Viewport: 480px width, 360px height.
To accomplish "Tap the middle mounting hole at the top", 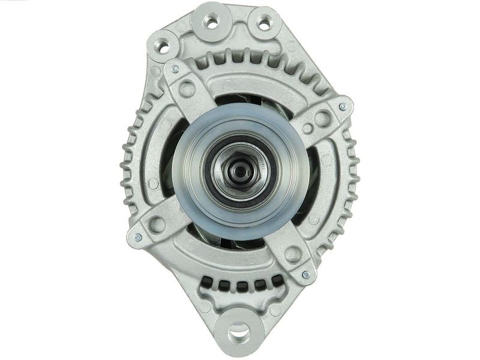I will [211, 22].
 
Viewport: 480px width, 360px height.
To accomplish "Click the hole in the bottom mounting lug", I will [239, 329].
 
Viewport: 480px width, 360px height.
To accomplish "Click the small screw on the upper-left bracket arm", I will [175, 70].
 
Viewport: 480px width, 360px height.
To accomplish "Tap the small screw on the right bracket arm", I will [343, 107].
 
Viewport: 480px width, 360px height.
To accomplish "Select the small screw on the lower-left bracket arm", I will [138, 238].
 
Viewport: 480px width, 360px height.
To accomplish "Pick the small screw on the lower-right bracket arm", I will [306, 275].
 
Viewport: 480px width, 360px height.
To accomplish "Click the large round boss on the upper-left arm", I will [187, 90].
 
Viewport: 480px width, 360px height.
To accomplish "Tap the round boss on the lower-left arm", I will [158, 224].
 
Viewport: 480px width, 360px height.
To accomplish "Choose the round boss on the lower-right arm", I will [292, 254].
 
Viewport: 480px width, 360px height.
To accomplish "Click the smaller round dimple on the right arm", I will [307, 128].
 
